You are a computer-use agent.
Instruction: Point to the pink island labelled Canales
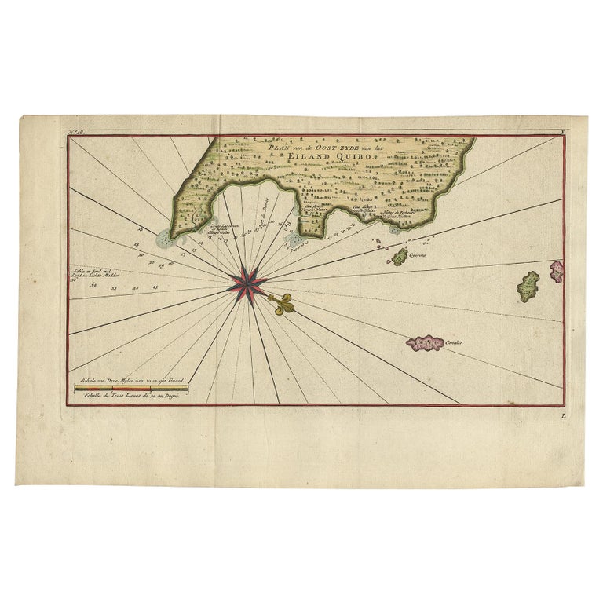point(425,342)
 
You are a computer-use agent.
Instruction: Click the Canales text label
point(453,343)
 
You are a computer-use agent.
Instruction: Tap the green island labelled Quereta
point(400,256)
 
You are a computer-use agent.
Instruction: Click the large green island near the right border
point(528,287)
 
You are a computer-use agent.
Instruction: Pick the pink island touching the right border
point(556,272)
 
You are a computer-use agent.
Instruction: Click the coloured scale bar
point(130,389)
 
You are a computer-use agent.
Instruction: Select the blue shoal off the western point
point(163,238)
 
